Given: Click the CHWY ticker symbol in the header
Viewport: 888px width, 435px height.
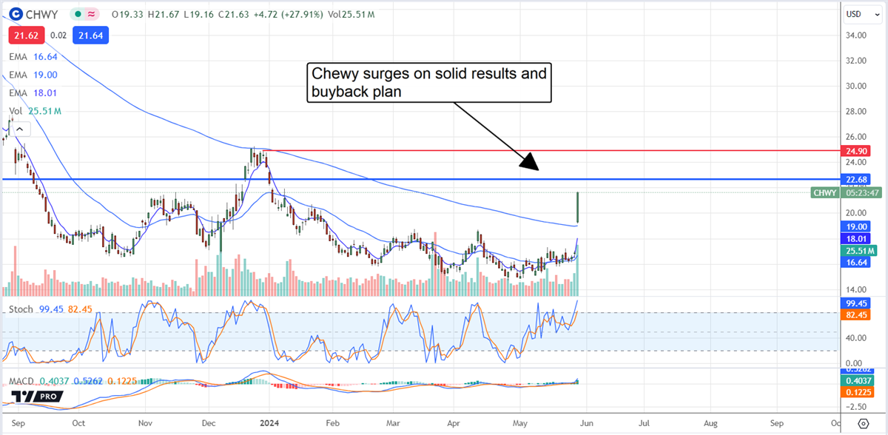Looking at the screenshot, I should pyautogui.click(x=41, y=13).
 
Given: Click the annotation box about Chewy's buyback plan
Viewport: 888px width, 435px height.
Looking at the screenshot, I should pyautogui.click(x=428, y=82).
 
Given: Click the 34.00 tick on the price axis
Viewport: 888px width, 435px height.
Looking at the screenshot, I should pyautogui.click(x=858, y=35).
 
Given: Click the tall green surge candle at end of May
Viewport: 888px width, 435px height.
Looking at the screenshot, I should pyautogui.click(x=577, y=207).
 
